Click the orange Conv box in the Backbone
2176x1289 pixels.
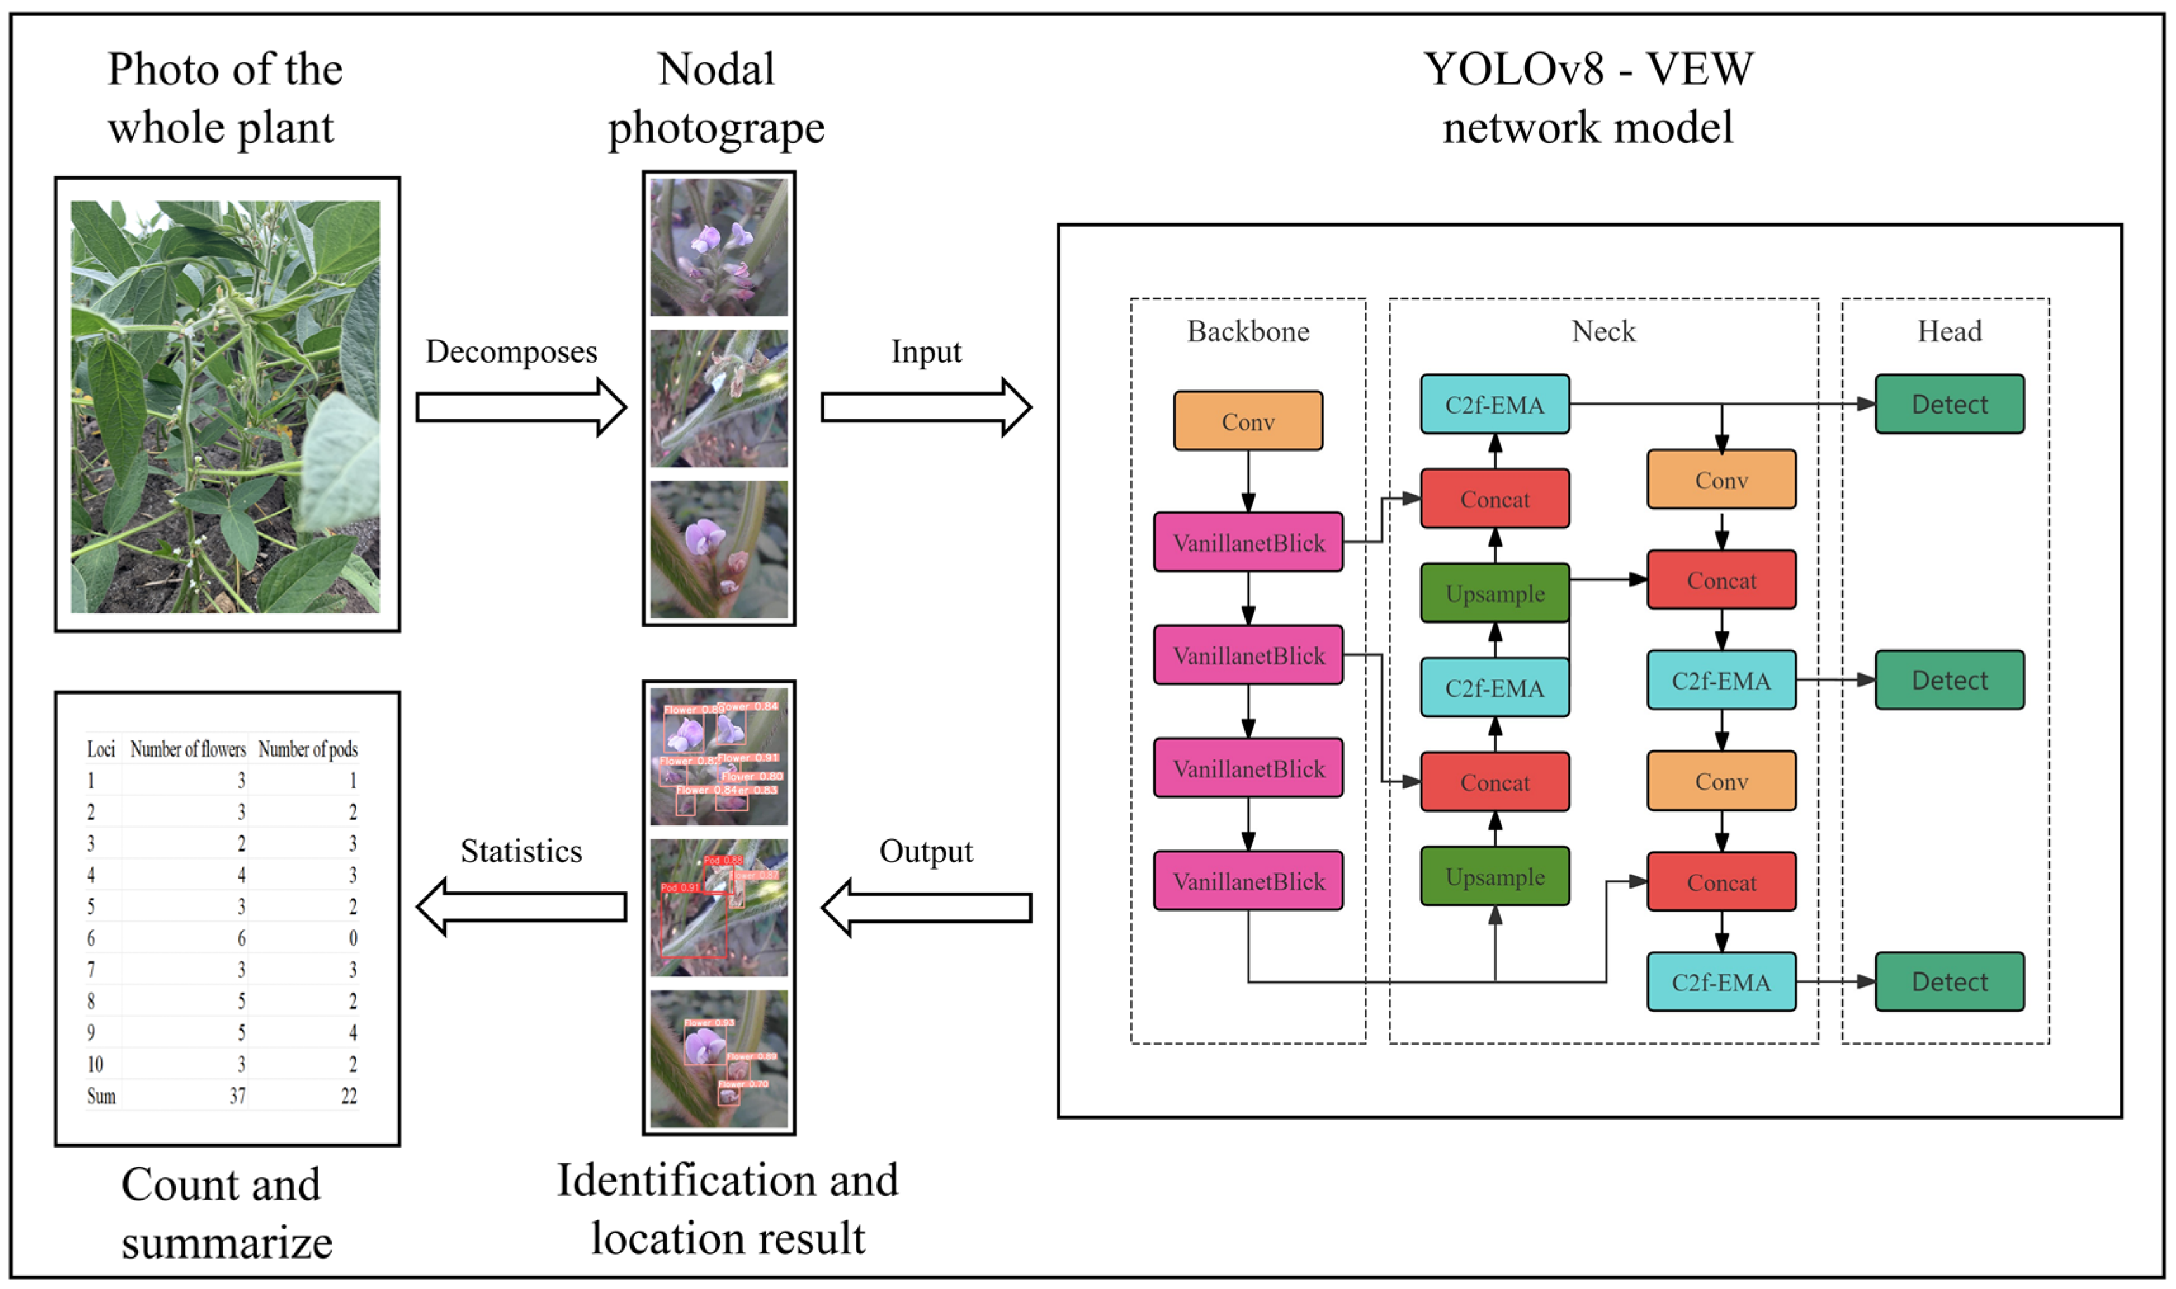click(1248, 421)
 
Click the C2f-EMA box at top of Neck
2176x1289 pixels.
click(1494, 405)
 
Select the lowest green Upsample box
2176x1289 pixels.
click(1494, 877)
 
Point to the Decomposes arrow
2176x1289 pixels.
click(520, 407)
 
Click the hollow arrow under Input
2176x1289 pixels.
click(925, 407)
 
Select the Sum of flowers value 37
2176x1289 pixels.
click(237, 1096)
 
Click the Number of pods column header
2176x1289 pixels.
click(308, 749)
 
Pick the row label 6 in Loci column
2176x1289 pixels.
click(91, 938)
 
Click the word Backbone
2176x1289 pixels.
click(1248, 331)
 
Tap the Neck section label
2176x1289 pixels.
click(1603, 331)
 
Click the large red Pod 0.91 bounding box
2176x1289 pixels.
click(693, 924)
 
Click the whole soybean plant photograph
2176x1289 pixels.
click(225, 407)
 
